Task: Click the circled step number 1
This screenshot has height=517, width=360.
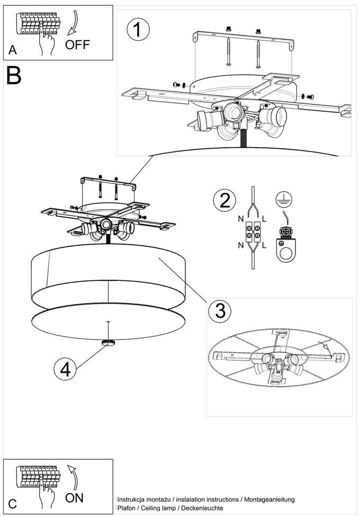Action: pyautogui.click(x=138, y=30)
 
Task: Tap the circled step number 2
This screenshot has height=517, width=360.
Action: pyautogui.click(x=224, y=201)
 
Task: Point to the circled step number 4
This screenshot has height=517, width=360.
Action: pyautogui.click(x=65, y=369)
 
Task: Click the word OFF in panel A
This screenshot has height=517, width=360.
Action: pyautogui.click(x=77, y=45)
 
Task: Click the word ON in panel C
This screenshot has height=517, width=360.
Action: pyautogui.click(x=75, y=498)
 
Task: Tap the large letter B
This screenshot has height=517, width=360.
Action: pyautogui.click(x=14, y=76)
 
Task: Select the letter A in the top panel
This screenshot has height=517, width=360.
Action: pyautogui.click(x=13, y=51)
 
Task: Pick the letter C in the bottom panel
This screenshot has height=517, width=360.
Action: pyautogui.click(x=13, y=505)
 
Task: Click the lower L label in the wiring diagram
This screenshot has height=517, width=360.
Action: pyautogui.click(x=264, y=245)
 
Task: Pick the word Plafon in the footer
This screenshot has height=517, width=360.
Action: pyautogui.click(x=126, y=509)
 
